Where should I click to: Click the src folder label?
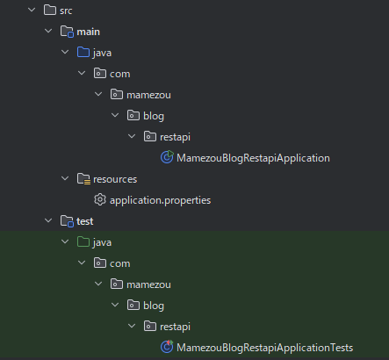66,11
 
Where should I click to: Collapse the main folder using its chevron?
48,31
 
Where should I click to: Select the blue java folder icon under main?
83,52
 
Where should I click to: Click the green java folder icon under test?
83,241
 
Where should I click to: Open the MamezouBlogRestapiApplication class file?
253,158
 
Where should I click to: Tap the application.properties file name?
160,200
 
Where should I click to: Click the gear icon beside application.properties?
100,199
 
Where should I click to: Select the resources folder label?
115,179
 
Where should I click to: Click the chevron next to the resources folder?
65,178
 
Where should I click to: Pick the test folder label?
85,221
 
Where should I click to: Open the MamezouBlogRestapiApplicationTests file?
264,348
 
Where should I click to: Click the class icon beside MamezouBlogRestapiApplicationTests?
167,347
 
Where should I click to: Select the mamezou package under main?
148,95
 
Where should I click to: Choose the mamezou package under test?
148,284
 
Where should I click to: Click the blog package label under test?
154,306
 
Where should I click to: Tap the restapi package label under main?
175,137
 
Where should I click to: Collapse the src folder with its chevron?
32,10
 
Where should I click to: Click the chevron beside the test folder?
48,220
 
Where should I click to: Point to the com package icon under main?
100,73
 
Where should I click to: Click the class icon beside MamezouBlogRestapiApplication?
167,157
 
